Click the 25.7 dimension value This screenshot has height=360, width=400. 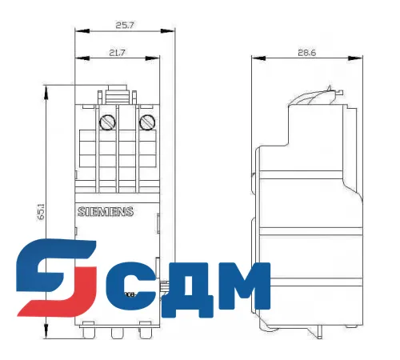click(x=124, y=26)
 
